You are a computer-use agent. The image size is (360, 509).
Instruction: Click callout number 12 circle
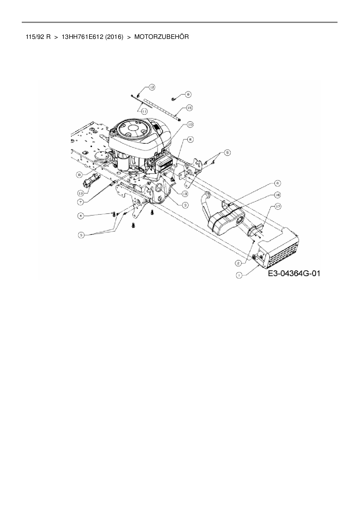tap(152, 87)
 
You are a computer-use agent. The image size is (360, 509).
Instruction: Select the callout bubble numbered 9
tap(188, 94)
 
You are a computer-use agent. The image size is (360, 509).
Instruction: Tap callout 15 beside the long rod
tap(189, 108)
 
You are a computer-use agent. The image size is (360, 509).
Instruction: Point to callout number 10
tap(190, 124)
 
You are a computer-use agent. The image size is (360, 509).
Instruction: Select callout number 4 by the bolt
tap(81, 215)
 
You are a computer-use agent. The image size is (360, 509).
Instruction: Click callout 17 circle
tap(278, 206)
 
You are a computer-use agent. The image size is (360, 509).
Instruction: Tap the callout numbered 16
tap(278, 195)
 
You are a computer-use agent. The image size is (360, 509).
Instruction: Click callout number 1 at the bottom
tap(239, 275)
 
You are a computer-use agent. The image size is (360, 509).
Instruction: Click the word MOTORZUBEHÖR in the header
tap(161, 37)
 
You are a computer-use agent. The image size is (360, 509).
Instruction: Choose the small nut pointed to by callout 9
tap(173, 99)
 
